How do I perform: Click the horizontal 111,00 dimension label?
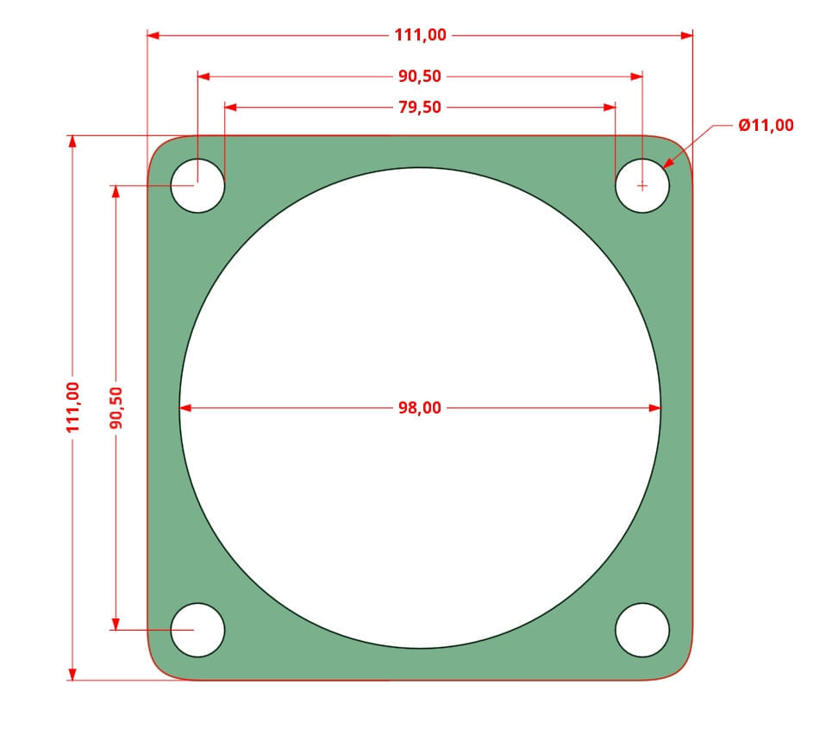tap(421, 35)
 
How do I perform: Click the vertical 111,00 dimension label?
tap(72, 407)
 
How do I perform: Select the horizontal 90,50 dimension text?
tap(420, 77)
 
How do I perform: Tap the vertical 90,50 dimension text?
tap(116, 407)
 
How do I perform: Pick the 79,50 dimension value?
tap(420, 108)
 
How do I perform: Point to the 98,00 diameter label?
tap(420, 407)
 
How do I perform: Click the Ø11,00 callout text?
tap(766, 125)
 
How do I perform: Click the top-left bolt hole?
tap(197, 186)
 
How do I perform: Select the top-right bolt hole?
tap(642, 186)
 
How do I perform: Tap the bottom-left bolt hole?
tap(197, 630)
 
